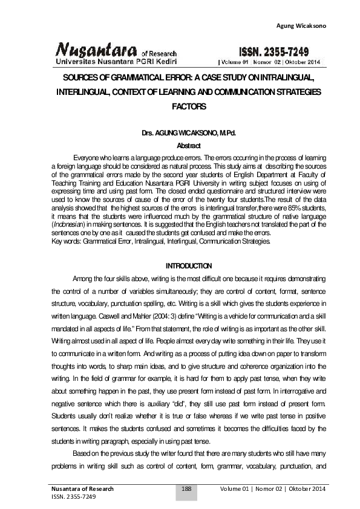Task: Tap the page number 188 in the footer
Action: point(187,488)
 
